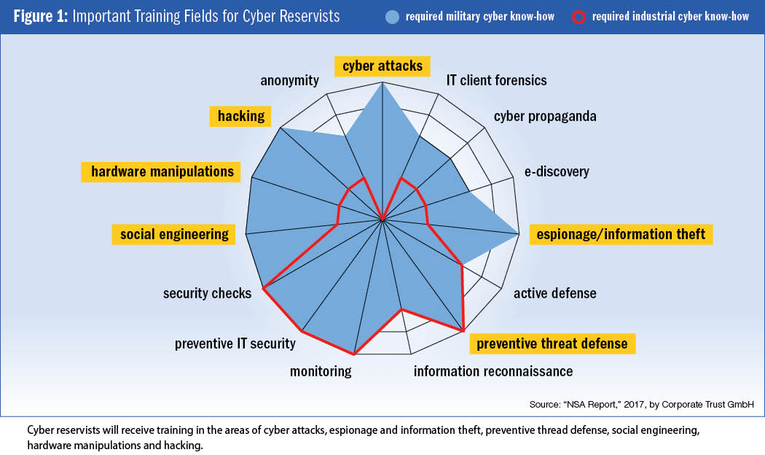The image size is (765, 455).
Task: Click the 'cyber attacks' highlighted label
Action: [382, 66]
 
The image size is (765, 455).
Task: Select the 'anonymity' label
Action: [289, 80]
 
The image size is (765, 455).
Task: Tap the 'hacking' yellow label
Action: [240, 116]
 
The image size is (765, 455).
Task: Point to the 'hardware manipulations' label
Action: [161, 172]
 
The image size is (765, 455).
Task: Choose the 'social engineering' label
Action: [173, 234]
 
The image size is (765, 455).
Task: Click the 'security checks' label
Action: [207, 293]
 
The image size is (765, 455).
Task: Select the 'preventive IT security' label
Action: [235, 343]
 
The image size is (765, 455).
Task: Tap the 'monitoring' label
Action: [321, 372]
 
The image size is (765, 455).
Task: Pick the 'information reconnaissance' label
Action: [493, 372]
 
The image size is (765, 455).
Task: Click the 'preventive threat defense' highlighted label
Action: [552, 343]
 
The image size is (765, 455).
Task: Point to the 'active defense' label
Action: [554, 293]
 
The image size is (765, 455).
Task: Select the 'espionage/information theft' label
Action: [621, 234]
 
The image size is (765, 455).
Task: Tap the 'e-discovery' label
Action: [557, 172]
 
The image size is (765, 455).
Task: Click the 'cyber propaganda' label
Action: [545, 116]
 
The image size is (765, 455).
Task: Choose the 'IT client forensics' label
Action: [497, 80]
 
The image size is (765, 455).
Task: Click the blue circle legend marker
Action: [392, 17]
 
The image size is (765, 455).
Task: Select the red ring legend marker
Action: [578, 17]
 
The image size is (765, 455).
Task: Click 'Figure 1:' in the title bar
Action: [41, 17]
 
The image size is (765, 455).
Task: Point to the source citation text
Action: [642, 404]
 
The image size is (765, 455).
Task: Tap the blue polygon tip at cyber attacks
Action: [382, 82]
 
